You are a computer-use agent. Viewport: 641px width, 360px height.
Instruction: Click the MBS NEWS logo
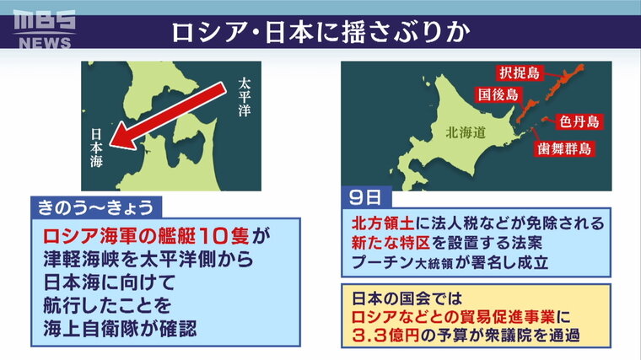(x=44, y=30)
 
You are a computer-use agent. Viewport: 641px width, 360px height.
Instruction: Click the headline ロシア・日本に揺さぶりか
(x=320, y=32)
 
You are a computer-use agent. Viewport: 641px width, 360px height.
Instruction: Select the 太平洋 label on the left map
(x=244, y=97)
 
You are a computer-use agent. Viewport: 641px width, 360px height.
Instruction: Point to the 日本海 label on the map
(x=96, y=148)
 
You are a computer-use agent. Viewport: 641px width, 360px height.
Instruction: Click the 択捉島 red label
(x=520, y=73)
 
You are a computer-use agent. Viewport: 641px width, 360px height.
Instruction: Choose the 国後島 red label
(x=498, y=94)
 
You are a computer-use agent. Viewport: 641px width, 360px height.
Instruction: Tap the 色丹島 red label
(x=579, y=121)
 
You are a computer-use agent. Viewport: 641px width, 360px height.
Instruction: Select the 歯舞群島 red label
(x=564, y=148)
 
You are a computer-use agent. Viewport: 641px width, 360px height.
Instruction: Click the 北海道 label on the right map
(x=466, y=132)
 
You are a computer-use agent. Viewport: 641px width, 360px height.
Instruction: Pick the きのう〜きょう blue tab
(x=96, y=207)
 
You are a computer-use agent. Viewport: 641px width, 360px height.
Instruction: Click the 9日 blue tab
(x=366, y=198)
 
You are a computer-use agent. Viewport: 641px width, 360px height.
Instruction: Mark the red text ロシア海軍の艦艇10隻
(x=146, y=236)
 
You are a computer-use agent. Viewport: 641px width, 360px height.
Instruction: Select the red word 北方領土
(x=383, y=223)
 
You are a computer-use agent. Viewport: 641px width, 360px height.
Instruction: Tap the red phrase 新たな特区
(x=391, y=243)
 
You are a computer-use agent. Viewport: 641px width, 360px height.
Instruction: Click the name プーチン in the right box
(x=383, y=262)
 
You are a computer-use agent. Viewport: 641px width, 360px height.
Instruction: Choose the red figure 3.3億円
(x=385, y=336)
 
